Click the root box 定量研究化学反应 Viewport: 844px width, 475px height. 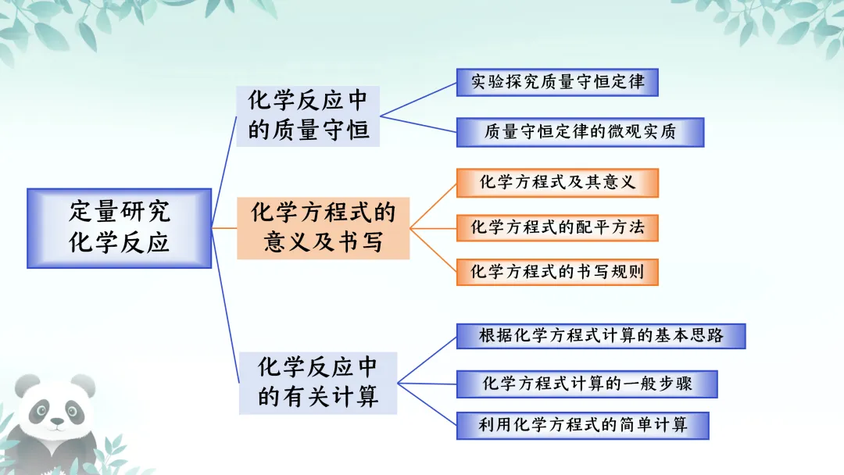point(119,228)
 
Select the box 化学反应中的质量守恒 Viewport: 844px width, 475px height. point(308,116)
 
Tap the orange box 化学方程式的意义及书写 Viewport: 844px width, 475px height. point(323,228)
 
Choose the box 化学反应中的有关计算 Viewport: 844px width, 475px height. point(317,383)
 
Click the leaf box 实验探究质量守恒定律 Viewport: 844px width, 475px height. point(557,82)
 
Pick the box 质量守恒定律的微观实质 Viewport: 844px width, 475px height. point(580,132)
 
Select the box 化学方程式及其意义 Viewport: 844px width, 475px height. point(557,183)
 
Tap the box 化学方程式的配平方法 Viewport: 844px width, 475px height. point(557,228)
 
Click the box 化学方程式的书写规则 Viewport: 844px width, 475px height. point(557,272)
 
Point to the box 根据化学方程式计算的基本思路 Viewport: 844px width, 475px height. point(601,336)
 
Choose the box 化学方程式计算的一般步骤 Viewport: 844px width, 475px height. point(587,384)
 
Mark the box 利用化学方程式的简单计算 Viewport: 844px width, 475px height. point(582,426)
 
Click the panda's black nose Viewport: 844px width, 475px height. point(56,421)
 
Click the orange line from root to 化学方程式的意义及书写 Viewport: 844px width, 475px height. point(224,228)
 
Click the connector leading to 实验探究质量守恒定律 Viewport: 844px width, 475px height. point(418,99)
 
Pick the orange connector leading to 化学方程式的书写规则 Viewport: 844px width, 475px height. point(434,250)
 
